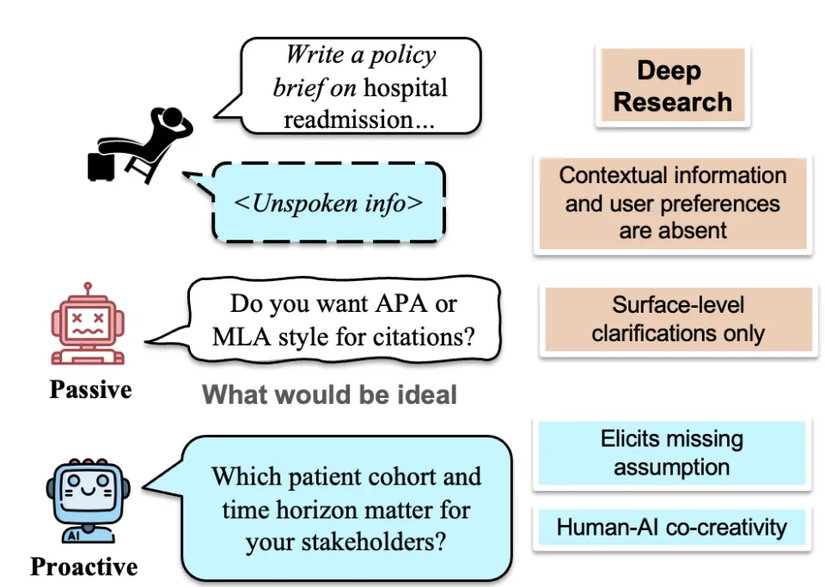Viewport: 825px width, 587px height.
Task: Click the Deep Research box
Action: coord(673,86)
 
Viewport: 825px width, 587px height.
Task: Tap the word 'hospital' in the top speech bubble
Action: coord(406,88)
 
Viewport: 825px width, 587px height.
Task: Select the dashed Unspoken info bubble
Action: coord(330,204)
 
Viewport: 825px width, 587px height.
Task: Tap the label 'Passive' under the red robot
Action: coord(90,389)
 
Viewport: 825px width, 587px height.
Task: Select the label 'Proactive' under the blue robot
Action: coord(83,566)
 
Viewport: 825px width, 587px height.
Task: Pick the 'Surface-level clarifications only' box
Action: coord(678,320)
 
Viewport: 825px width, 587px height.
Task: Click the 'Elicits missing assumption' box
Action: coord(671,453)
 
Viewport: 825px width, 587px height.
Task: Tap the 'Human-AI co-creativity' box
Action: coord(671,527)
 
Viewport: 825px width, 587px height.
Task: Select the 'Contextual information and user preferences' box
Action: coord(673,203)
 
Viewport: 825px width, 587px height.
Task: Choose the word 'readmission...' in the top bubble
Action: coord(359,119)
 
